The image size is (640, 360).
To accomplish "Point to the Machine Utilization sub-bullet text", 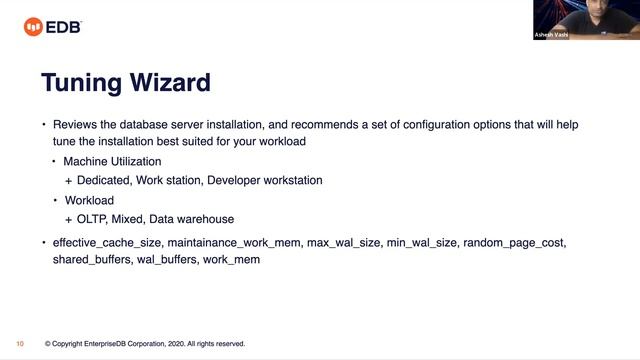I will tap(112, 161).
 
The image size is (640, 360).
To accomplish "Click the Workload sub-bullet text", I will tap(90, 200).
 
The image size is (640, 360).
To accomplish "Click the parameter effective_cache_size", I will tap(107, 243).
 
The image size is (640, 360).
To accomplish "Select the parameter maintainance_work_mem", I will tap(233, 243).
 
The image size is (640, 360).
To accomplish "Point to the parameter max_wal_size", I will tap(342, 243).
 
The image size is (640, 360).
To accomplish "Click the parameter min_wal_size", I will tap(421, 243).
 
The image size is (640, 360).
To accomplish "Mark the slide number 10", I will tap(20, 343).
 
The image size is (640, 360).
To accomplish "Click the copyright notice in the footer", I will tap(145, 343).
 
